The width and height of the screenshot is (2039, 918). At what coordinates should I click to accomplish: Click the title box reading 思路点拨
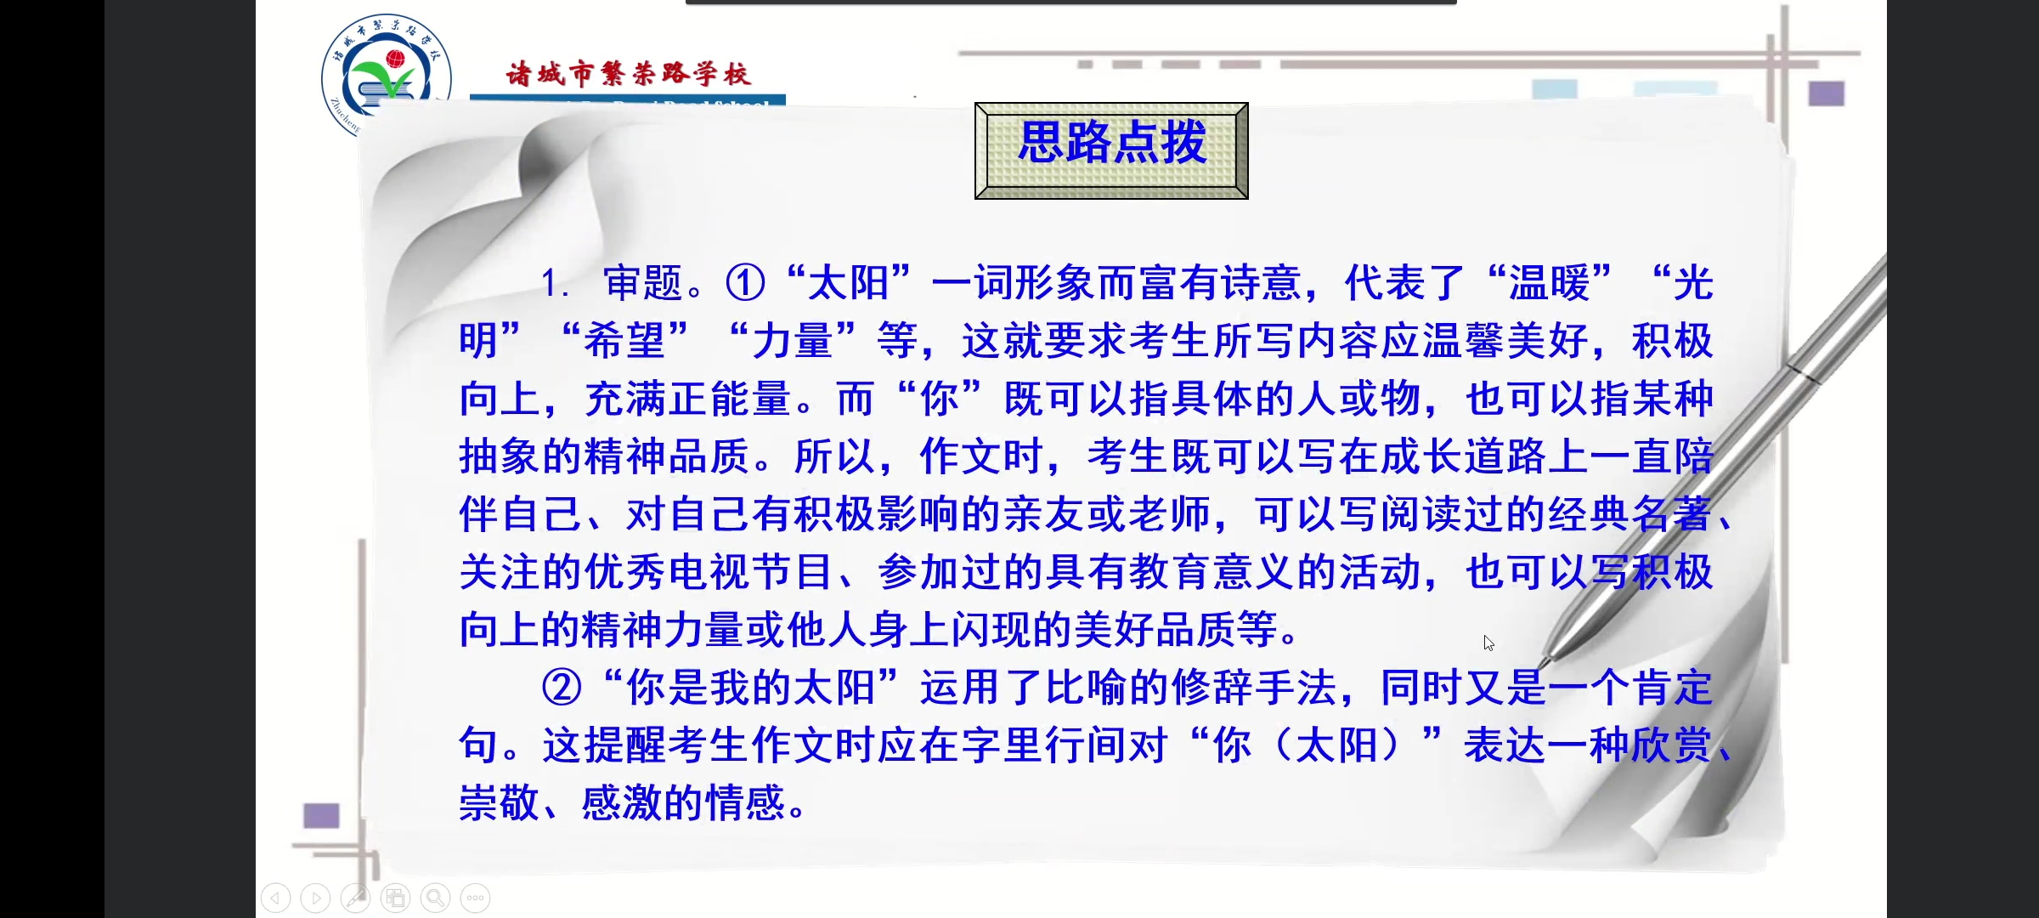(1111, 150)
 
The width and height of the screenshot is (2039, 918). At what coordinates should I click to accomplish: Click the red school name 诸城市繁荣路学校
(628, 74)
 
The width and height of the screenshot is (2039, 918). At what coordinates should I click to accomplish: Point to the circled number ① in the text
(745, 283)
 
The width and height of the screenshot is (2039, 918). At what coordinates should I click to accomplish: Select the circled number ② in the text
(562, 688)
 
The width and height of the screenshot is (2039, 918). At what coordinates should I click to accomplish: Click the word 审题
(643, 283)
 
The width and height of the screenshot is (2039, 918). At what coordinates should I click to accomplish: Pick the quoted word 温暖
(1549, 283)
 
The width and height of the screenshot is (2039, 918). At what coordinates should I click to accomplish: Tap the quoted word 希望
(624, 341)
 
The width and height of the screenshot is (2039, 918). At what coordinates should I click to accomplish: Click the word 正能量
(730, 399)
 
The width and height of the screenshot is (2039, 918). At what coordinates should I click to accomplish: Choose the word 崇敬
(499, 803)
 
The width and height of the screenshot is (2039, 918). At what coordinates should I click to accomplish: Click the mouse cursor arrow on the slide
(1488, 643)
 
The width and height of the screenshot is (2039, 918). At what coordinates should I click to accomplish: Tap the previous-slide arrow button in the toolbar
(275, 898)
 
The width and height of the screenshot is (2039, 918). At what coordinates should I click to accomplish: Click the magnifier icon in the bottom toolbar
(435, 898)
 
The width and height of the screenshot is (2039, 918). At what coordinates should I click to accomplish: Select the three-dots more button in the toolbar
(475, 898)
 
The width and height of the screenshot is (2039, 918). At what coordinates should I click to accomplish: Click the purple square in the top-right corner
(1826, 93)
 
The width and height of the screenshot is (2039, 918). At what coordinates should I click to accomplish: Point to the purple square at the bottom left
(321, 816)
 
